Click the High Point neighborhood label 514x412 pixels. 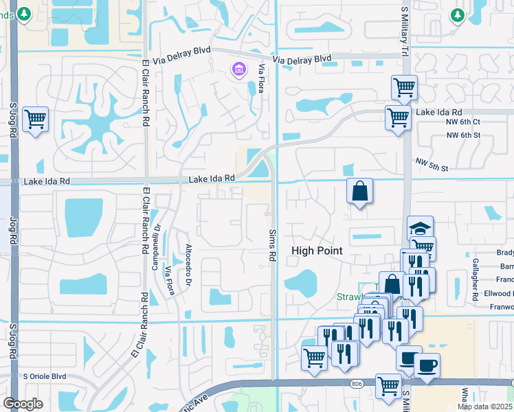[317, 251]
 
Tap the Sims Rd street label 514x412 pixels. [272, 244]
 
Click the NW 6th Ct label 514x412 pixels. [462, 122]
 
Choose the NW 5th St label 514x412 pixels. [431, 164]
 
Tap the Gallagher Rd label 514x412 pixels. [475, 280]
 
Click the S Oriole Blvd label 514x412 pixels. [45, 376]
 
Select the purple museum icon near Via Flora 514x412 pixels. [239, 69]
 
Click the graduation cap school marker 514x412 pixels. [421, 229]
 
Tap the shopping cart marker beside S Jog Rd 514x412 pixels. [35, 119]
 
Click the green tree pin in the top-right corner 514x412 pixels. [457, 14]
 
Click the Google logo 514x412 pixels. [23, 404]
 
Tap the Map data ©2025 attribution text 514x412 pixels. [484, 407]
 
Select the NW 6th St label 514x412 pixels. [462, 135]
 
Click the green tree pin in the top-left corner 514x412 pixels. [24, 14]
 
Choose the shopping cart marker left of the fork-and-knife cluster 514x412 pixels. [314, 357]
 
